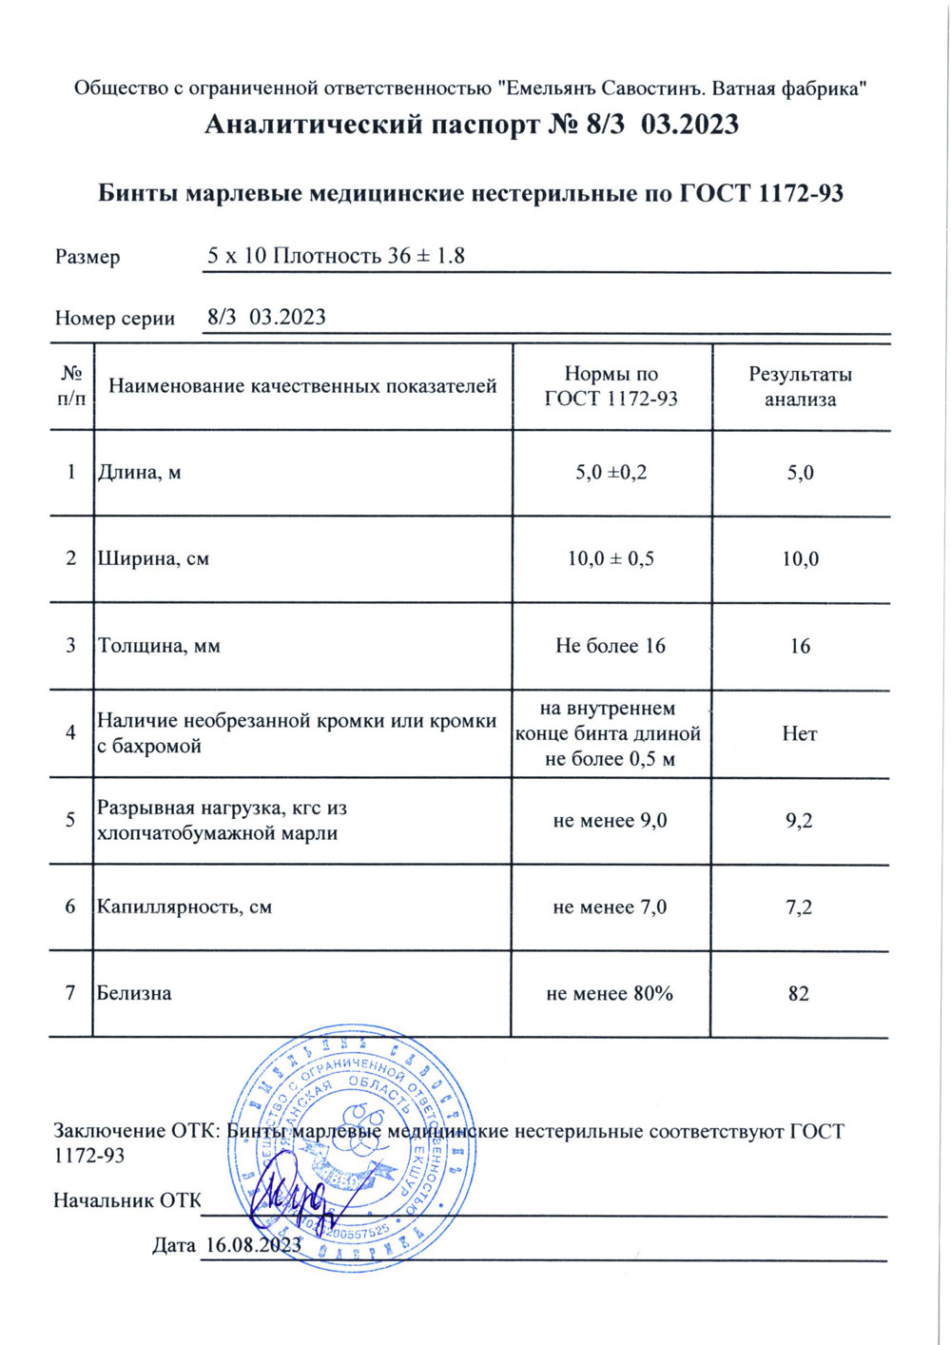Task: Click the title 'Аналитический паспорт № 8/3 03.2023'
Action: (472, 125)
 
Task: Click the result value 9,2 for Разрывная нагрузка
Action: (799, 821)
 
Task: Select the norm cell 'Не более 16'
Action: (611, 646)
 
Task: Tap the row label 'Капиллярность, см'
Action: (184, 906)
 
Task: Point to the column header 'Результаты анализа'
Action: (800, 386)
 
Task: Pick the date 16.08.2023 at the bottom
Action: (253, 1244)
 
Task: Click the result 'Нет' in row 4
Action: (799, 733)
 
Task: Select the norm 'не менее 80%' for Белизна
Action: (610, 994)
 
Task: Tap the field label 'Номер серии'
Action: (115, 319)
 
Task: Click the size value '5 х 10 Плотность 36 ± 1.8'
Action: (336, 256)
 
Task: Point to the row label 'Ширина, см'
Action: (153, 558)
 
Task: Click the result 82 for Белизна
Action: (799, 994)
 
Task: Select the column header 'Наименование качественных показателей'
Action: (302, 386)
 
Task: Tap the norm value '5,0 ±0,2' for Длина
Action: (611, 472)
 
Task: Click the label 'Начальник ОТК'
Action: (127, 1200)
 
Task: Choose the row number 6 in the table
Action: (70, 906)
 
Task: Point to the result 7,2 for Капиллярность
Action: (799, 907)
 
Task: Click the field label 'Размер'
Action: (87, 257)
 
